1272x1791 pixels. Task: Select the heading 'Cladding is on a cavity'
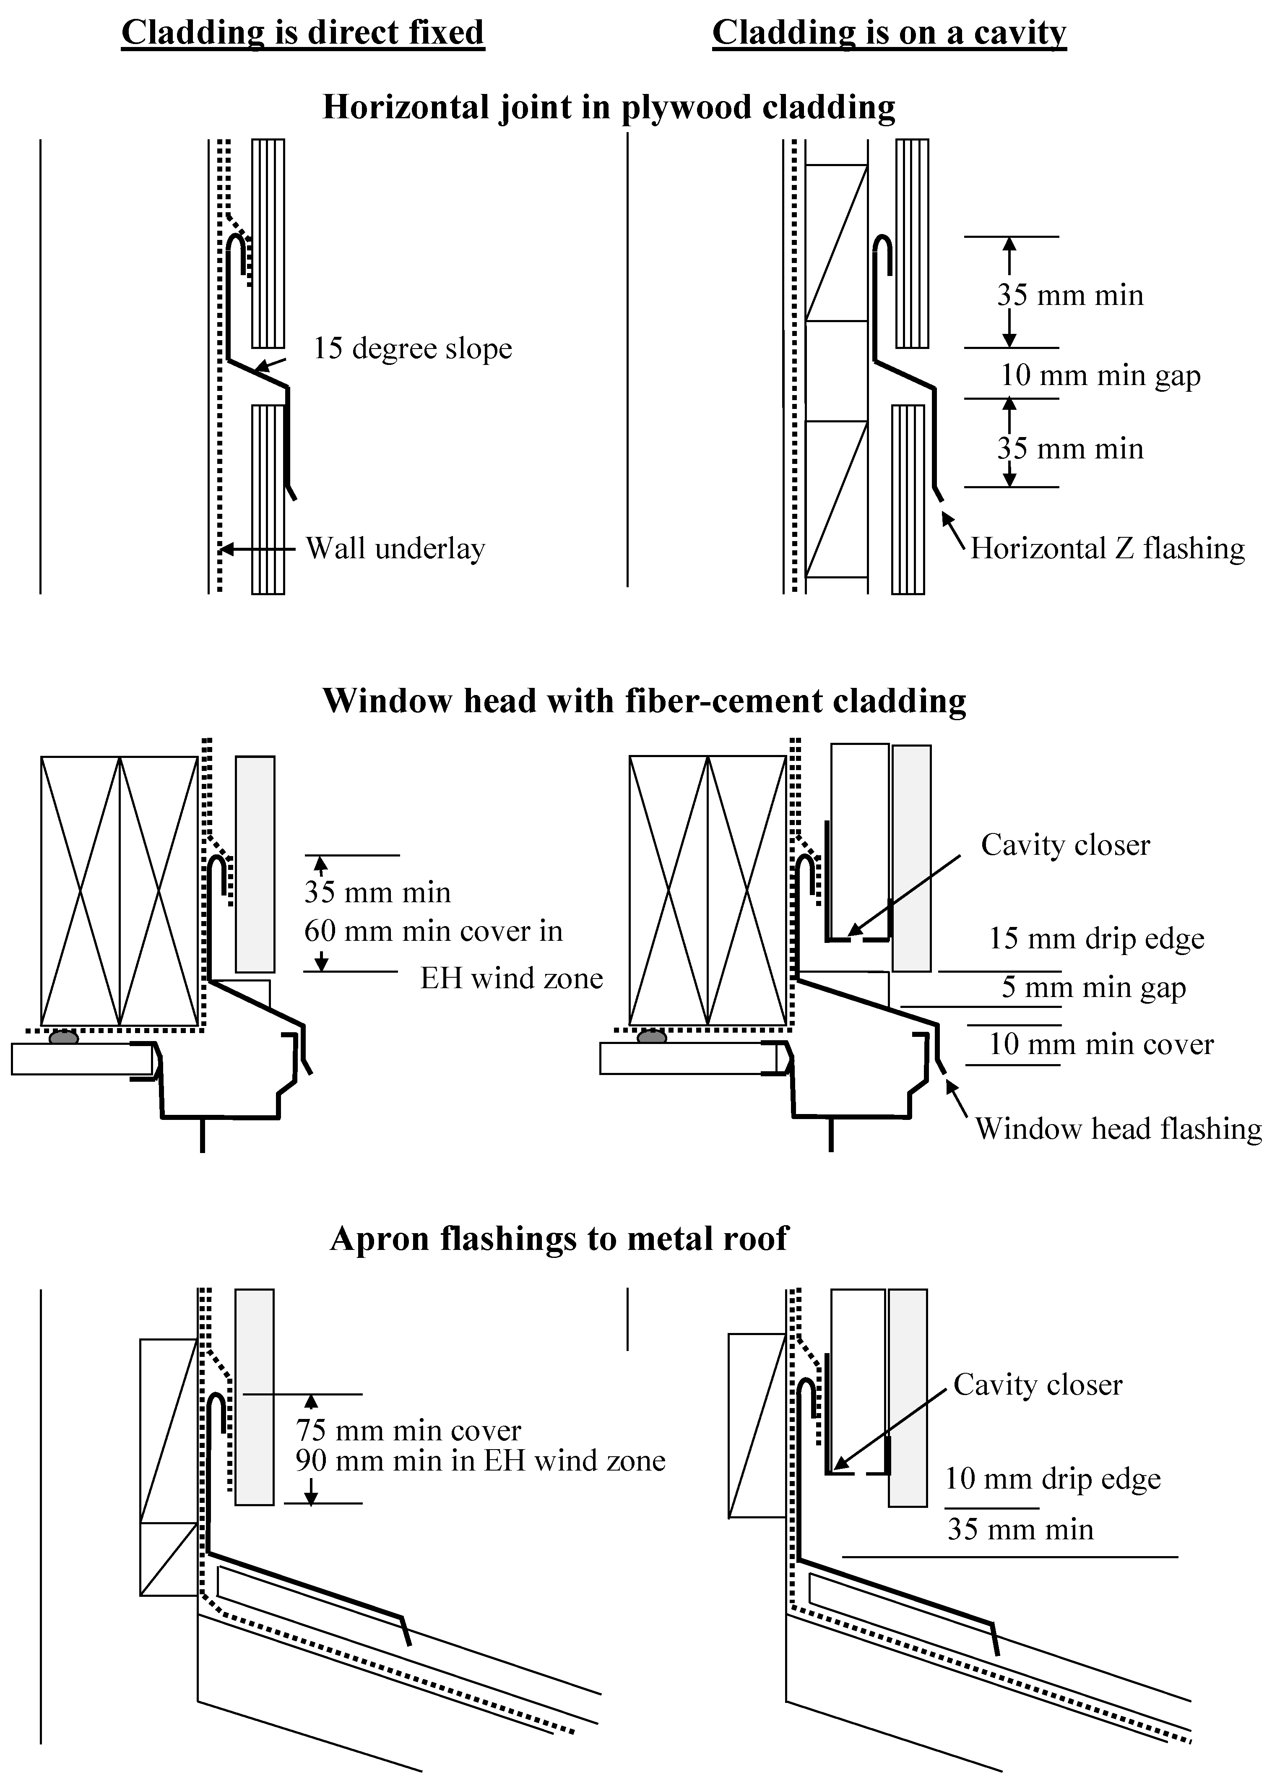(889, 33)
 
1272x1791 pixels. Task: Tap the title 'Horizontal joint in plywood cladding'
(609, 107)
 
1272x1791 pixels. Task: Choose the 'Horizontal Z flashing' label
(1107, 548)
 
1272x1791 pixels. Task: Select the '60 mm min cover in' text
(433, 931)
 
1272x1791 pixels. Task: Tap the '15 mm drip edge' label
(1096, 938)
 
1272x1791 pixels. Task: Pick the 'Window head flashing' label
(1118, 1128)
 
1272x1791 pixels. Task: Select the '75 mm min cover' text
(408, 1431)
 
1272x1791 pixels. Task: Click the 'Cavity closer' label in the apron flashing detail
(1037, 1385)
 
